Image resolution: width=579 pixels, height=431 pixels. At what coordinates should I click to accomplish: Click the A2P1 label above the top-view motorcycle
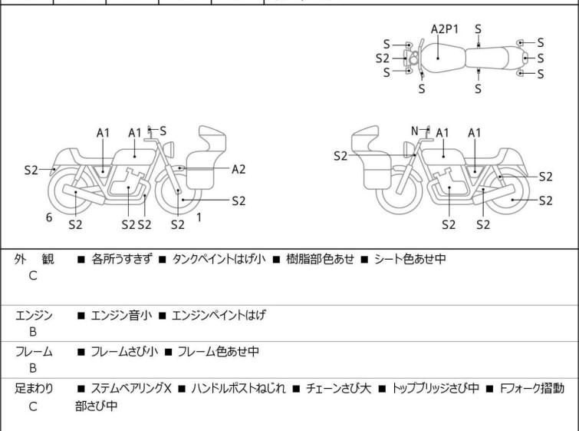(x=444, y=29)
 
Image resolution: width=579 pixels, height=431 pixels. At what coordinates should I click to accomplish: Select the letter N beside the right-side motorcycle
(x=415, y=131)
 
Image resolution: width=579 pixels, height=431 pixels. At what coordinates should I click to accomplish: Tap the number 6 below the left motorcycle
(x=49, y=217)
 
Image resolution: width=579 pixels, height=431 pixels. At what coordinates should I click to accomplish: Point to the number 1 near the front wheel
(x=199, y=217)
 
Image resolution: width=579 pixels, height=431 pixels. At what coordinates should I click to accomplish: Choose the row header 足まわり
(x=34, y=389)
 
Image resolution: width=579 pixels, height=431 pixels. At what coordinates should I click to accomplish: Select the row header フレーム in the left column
(x=34, y=352)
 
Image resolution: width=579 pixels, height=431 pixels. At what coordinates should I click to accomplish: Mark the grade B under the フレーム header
(x=33, y=368)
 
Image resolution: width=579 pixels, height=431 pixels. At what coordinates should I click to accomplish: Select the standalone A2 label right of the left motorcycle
(x=239, y=169)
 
